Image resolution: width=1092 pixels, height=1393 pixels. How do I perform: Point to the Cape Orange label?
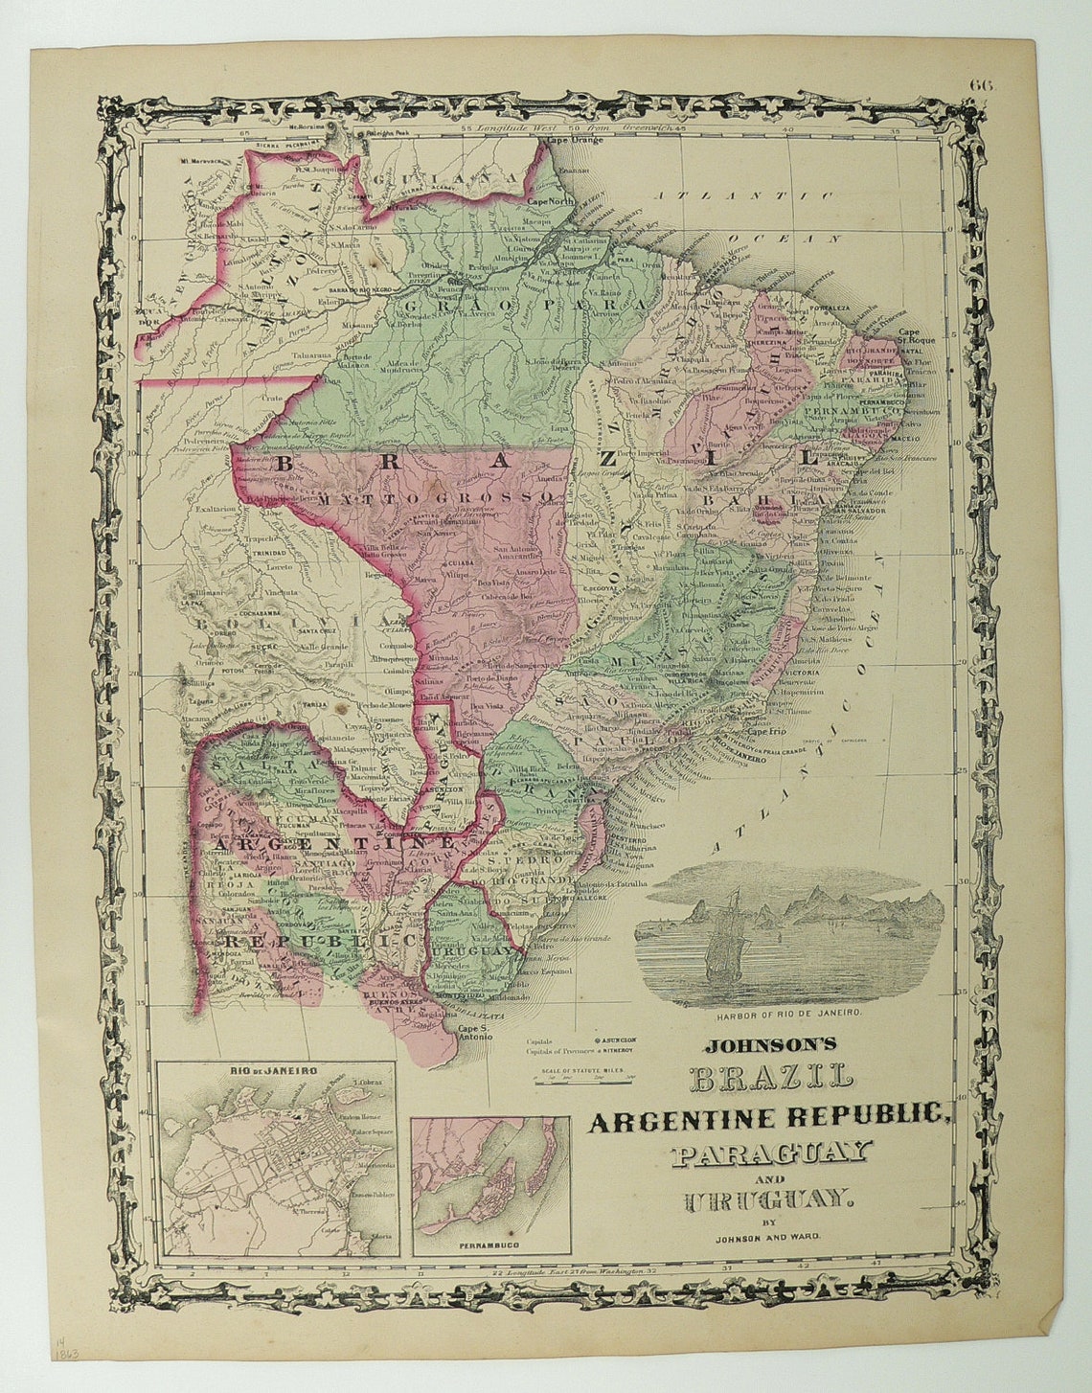575,142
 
